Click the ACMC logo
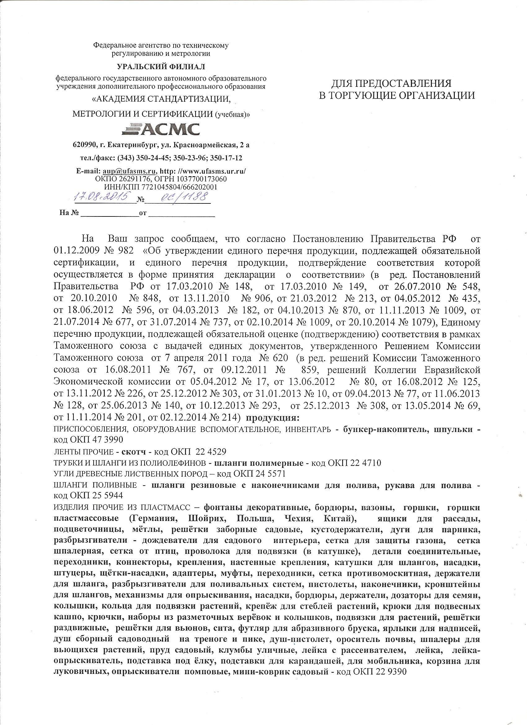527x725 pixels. coord(161,129)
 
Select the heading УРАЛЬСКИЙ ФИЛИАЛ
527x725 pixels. coord(161,66)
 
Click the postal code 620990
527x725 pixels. coord(84,145)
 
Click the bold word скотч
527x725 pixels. coord(135,452)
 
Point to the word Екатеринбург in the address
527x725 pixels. coord(133,145)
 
